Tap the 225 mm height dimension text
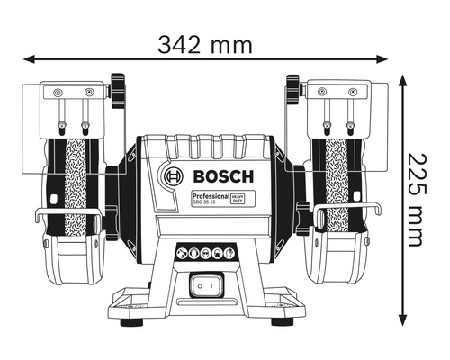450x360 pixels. (x=414, y=200)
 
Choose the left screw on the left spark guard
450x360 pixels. (x=56, y=93)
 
